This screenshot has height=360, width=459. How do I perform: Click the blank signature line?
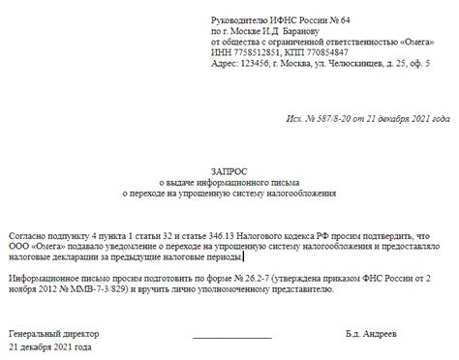click(x=230, y=333)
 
